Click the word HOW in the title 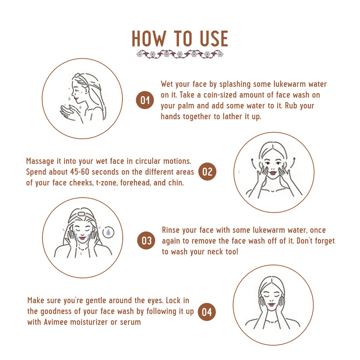(149, 39)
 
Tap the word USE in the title (214, 39)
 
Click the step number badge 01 (145, 100)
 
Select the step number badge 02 (207, 171)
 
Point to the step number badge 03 (146, 240)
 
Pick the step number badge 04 (207, 312)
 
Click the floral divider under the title (180, 54)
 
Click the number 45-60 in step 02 (80, 172)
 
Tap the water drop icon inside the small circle (108, 232)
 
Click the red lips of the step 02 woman (273, 173)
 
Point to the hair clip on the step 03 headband (81, 214)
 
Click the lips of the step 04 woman (271, 305)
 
